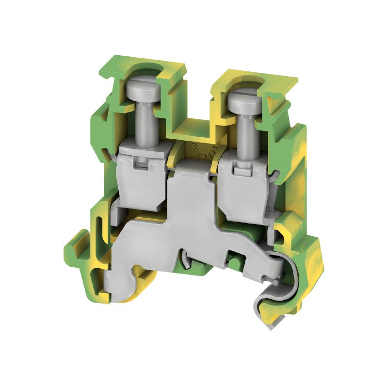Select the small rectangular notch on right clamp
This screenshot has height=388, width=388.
[241, 170]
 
